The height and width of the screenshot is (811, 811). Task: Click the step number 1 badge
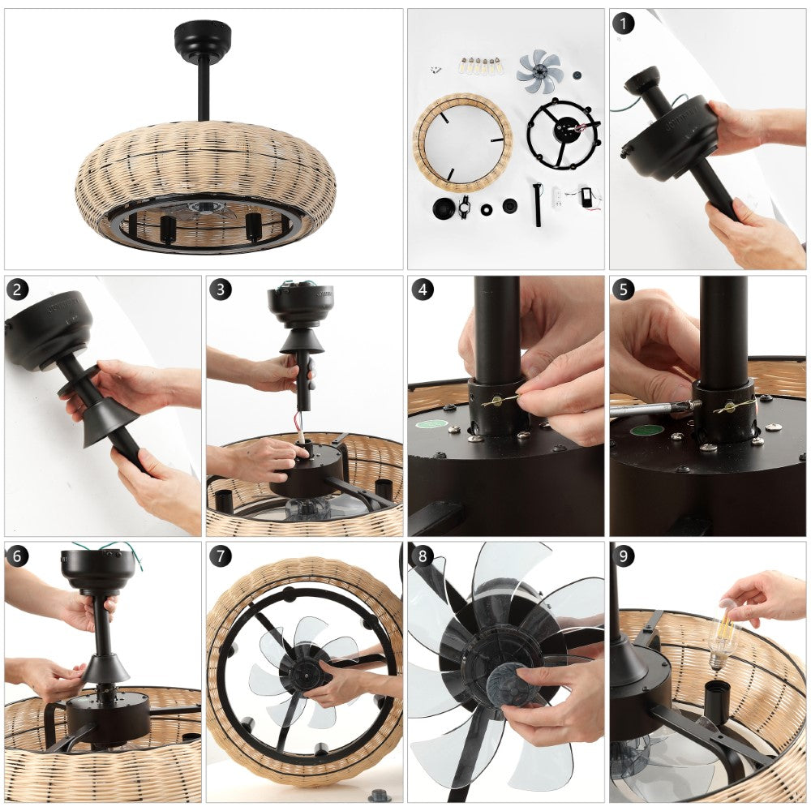(x=623, y=24)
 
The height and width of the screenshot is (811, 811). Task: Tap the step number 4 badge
(x=423, y=290)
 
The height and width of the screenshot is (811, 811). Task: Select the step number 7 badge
(x=221, y=556)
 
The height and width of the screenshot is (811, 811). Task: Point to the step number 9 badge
(x=623, y=556)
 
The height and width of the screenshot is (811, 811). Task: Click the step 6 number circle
(x=18, y=556)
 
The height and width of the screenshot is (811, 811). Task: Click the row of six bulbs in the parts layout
(x=479, y=67)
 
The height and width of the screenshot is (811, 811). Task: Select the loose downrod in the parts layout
(x=538, y=204)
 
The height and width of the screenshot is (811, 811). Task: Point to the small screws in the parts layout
(x=436, y=69)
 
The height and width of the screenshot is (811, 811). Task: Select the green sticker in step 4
(x=433, y=423)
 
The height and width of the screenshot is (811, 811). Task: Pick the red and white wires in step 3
(x=299, y=423)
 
